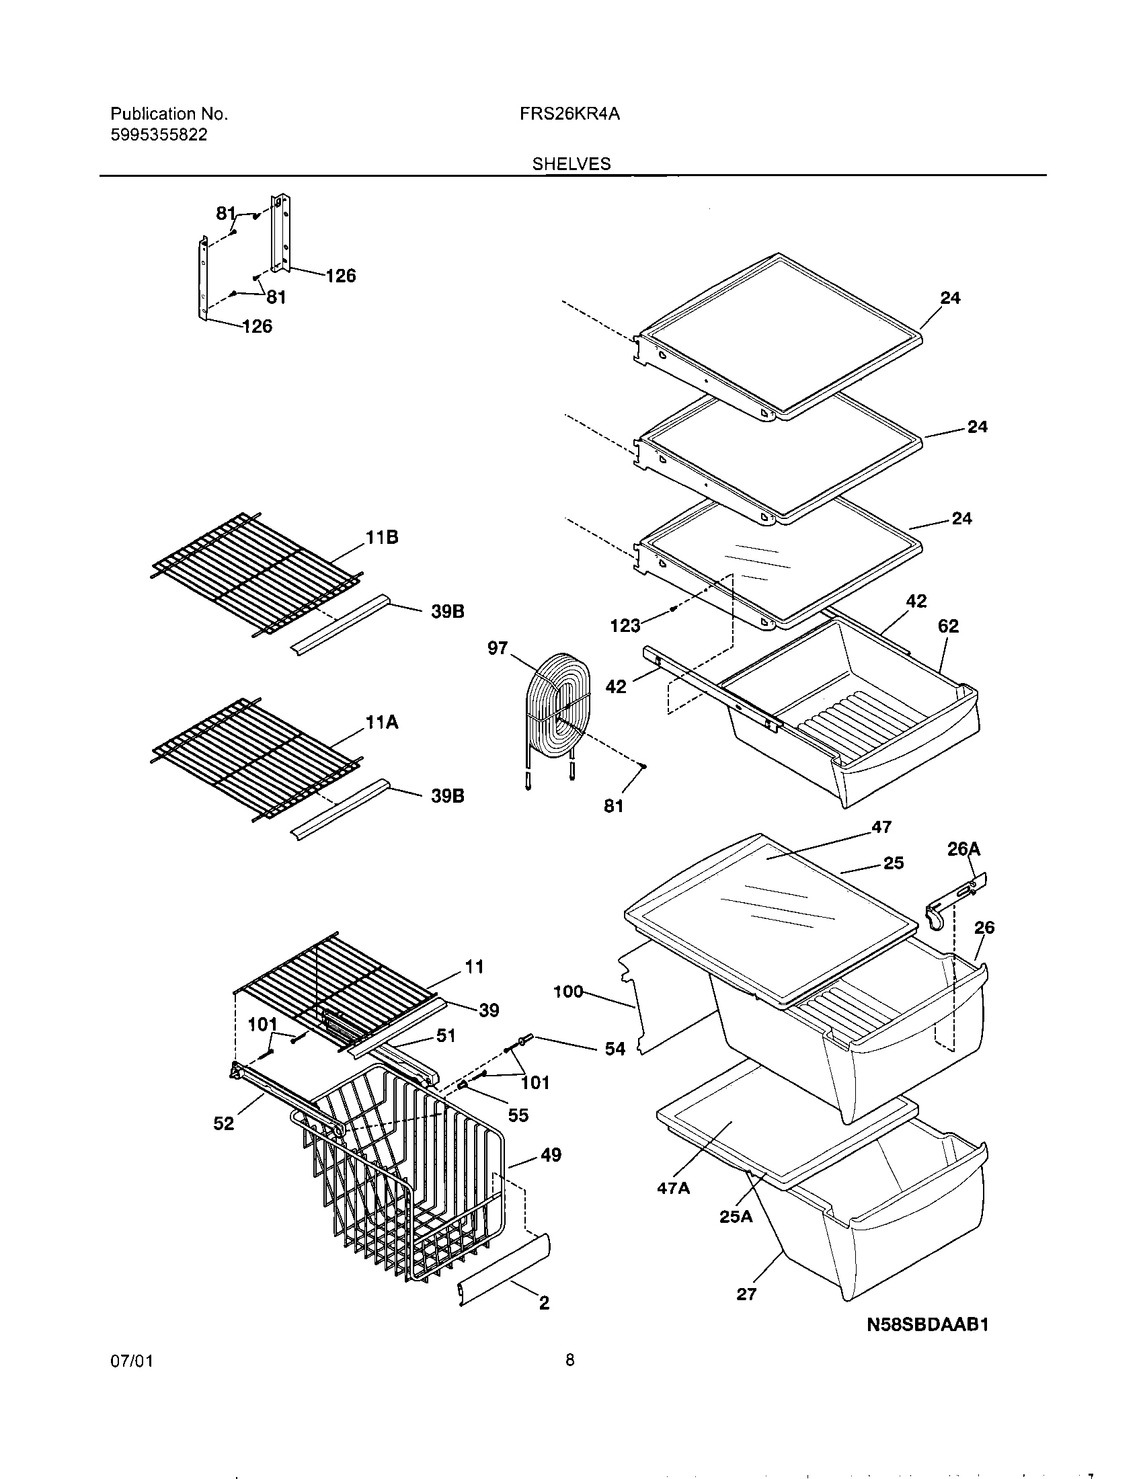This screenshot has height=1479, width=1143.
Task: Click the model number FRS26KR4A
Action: point(569,114)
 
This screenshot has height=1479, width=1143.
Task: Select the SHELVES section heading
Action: point(571,164)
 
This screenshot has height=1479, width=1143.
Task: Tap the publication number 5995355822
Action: point(159,134)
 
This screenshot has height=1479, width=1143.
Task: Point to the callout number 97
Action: point(498,648)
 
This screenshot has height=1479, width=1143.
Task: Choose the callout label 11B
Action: point(382,538)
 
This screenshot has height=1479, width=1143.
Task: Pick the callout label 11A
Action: point(382,723)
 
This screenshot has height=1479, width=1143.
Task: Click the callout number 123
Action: point(625,626)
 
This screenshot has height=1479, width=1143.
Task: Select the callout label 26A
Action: point(963,849)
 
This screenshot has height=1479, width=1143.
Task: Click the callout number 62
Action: point(948,626)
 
